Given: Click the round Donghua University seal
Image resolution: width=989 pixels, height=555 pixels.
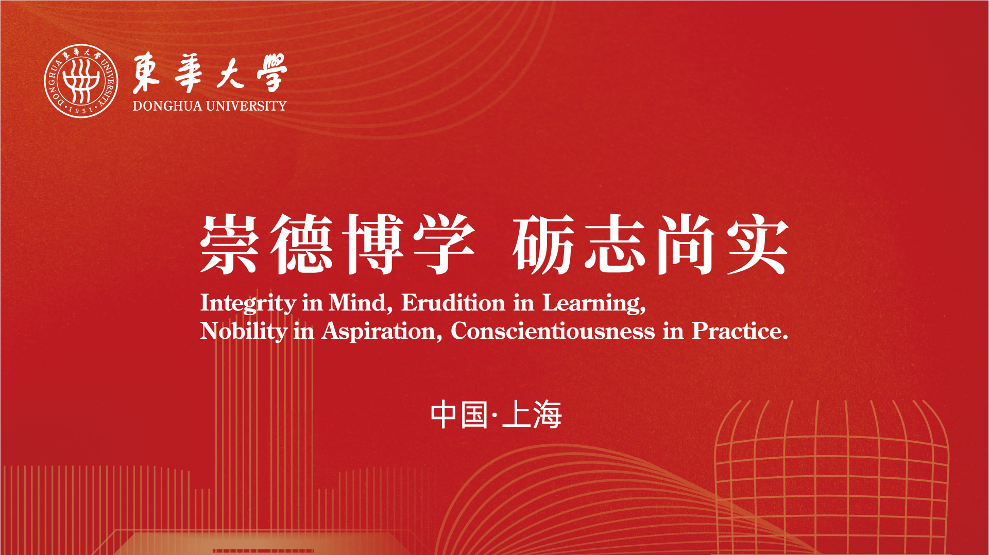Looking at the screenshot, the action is (x=81, y=81).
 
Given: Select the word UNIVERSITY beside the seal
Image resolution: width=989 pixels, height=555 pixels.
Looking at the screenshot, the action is (x=246, y=106).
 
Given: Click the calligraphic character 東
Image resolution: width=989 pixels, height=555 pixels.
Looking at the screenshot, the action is (x=146, y=74).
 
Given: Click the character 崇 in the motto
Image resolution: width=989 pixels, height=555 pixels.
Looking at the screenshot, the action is (x=229, y=244).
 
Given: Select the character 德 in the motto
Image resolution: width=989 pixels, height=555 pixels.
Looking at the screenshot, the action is (x=302, y=244).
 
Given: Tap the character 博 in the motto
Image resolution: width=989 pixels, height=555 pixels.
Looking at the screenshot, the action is (x=374, y=244).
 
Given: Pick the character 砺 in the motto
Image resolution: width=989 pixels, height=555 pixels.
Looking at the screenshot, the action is (x=543, y=244).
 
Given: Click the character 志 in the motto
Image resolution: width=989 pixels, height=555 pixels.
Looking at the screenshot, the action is (x=615, y=244).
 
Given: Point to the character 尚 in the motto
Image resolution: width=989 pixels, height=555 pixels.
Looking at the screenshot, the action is (x=686, y=244).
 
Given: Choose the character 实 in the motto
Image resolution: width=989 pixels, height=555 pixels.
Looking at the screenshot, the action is (x=758, y=244).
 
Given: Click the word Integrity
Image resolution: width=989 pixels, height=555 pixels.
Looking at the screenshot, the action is (x=248, y=303).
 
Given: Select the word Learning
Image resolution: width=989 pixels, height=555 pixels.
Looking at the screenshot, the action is (x=594, y=304).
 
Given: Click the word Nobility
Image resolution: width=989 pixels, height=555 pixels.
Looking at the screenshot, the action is (x=244, y=331).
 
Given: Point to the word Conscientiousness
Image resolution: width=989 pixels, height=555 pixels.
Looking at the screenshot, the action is (x=553, y=331).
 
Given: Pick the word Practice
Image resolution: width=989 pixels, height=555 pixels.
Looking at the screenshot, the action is (x=740, y=331).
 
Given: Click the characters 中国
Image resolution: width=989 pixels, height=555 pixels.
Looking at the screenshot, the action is (x=459, y=415).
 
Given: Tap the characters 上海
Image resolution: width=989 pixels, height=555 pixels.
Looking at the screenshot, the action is (x=532, y=415).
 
